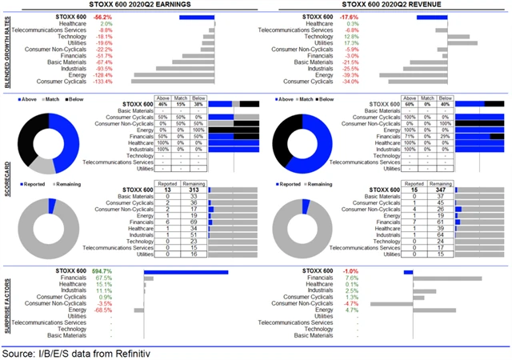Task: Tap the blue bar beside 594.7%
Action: pyautogui.click(x=186, y=272)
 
